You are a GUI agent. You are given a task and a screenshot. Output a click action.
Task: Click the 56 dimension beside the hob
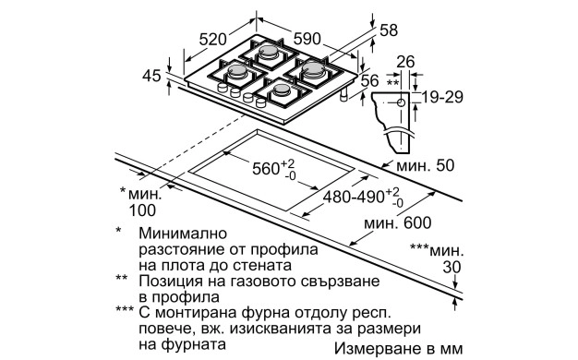tap(370, 81)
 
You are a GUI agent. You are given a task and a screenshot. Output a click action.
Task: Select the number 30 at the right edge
tap(450, 267)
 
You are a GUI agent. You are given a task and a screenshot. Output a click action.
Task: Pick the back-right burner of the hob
tap(311, 69)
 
